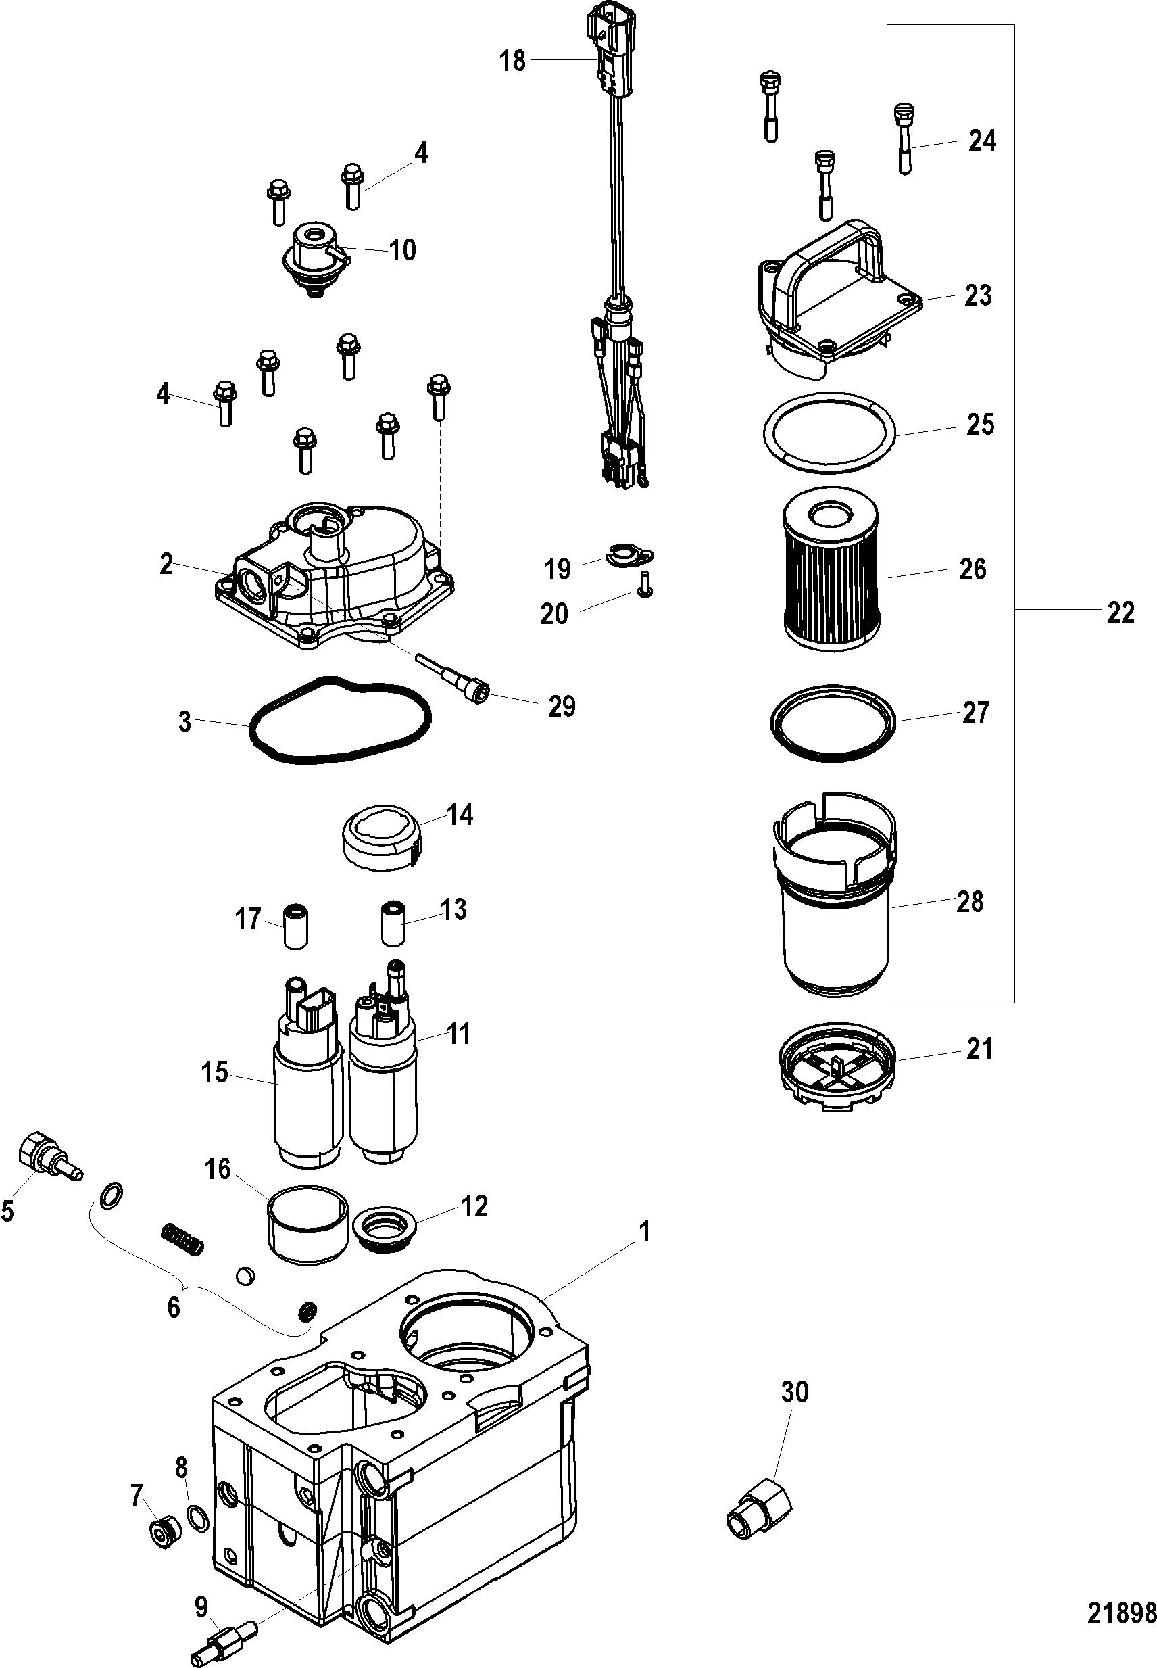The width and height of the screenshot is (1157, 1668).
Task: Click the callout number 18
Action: [512, 61]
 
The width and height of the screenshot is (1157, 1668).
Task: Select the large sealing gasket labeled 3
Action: [340, 720]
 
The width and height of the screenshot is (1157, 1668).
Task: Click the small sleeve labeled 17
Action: [295, 925]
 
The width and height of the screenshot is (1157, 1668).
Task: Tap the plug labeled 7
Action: [164, 1532]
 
